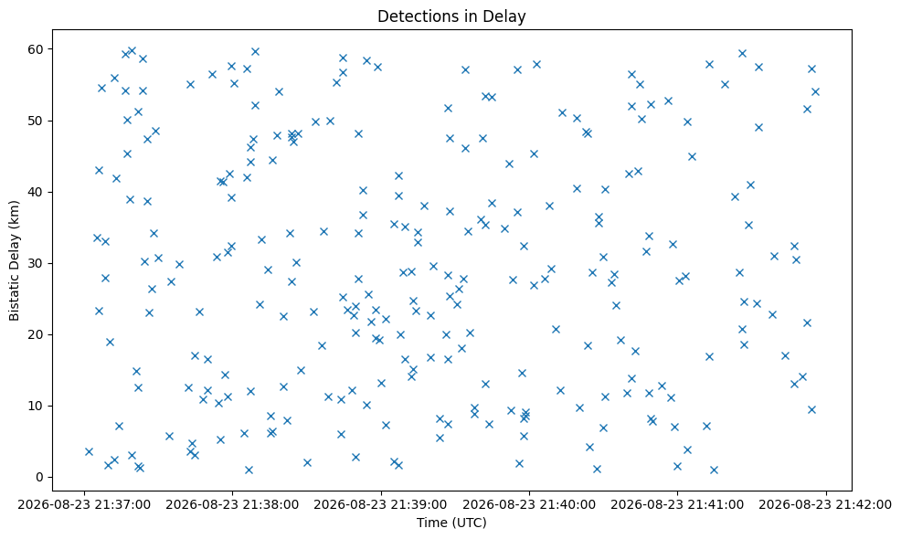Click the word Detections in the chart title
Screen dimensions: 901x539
(413, 16)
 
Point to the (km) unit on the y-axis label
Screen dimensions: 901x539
(15, 214)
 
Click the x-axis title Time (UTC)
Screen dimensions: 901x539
(451, 523)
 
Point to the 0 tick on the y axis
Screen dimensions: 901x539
(40, 477)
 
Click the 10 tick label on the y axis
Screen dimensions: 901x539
(37, 406)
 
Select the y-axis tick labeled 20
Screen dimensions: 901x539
(37, 334)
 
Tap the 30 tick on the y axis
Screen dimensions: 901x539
(37, 263)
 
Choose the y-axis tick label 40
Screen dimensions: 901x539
(37, 192)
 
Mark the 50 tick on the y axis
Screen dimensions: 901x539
(37, 121)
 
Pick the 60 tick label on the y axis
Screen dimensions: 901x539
(37, 49)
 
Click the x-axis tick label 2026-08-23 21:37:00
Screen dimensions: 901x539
(84, 504)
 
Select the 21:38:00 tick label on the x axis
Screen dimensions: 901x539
(233, 504)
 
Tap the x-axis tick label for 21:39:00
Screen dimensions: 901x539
(381, 504)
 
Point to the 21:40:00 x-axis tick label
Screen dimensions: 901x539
(529, 504)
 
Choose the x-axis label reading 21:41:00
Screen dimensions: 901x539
(677, 504)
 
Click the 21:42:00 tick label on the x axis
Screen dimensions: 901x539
(826, 504)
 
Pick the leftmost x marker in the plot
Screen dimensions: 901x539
(89, 451)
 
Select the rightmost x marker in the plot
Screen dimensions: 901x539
(815, 91)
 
